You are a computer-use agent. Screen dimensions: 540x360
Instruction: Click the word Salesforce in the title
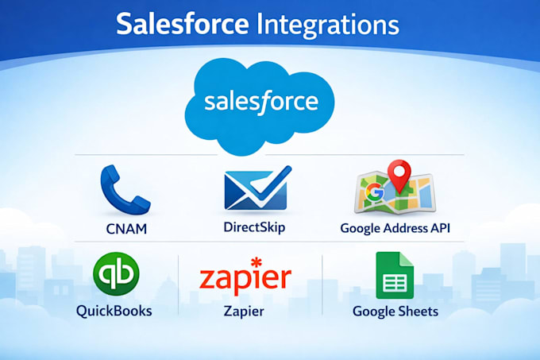(x=182, y=23)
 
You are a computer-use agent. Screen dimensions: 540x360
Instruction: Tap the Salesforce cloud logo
(x=260, y=105)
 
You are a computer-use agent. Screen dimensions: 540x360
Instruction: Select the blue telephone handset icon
(x=125, y=190)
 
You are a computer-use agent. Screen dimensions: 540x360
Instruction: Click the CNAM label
(x=126, y=229)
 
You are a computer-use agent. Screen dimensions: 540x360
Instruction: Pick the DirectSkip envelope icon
(x=257, y=188)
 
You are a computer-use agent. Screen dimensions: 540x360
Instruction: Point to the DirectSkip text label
(x=254, y=228)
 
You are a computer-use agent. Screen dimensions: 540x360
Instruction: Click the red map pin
(x=399, y=175)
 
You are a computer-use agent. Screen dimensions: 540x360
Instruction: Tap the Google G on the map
(x=375, y=192)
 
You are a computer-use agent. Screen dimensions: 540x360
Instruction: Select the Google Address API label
(x=395, y=228)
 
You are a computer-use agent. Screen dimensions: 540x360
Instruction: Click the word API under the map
(x=440, y=228)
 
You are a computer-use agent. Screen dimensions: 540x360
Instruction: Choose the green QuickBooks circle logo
(x=116, y=274)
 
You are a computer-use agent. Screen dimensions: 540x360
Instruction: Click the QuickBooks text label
(x=114, y=311)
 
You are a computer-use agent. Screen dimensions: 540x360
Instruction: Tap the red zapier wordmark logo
(x=245, y=278)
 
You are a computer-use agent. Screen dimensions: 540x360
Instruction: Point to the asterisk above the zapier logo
(x=256, y=262)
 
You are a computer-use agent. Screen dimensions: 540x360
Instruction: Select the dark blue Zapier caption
(x=244, y=312)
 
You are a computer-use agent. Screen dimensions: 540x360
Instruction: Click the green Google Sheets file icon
(x=395, y=275)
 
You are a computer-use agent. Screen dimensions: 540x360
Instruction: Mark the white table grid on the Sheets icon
(x=395, y=283)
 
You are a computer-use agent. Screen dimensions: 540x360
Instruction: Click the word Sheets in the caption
(x=417, y=312)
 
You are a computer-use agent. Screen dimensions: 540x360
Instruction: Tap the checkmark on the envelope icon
(x=272, y=182)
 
